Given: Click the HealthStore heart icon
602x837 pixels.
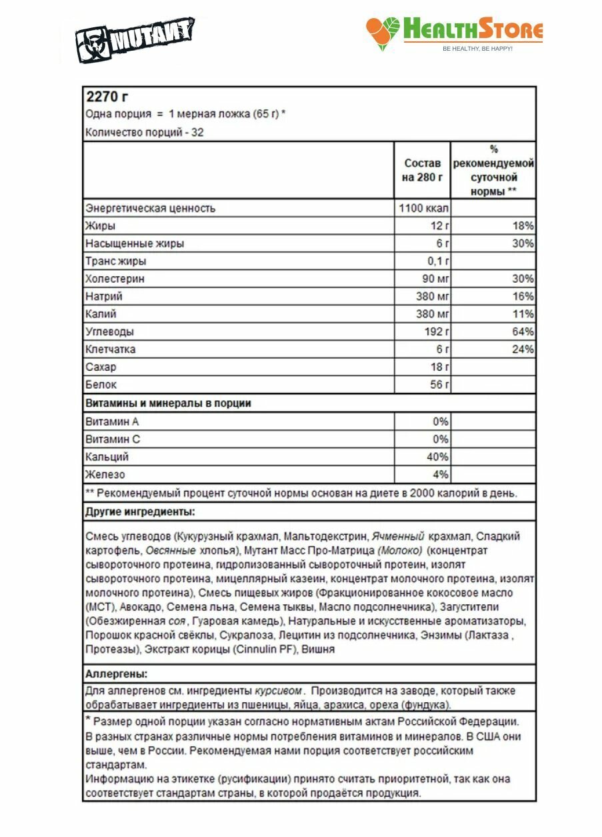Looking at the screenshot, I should click(383, 33).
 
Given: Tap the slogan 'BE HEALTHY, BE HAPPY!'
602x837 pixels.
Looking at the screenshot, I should click(477, 49).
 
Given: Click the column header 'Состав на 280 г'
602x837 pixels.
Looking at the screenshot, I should click(423, 170).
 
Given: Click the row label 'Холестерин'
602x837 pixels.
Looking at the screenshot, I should click(115, 279).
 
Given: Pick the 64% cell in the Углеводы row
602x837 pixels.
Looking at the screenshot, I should click(523, 331).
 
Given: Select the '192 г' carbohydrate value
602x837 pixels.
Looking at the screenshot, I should click(436, 331).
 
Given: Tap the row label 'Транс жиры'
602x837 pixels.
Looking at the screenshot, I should click(115, 261).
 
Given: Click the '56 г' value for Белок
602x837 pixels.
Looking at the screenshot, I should click(439, 385).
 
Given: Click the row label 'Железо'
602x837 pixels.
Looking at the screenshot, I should click(105, 475).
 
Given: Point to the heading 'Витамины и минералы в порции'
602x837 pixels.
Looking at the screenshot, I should click(168, 403).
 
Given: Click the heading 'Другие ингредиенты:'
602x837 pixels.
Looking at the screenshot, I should click(140, 512).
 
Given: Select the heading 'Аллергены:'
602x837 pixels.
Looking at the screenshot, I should click(117, 674).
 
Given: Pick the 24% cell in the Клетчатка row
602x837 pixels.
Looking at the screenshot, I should click(523, 349).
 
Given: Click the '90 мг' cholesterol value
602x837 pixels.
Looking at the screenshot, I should click(435, 279).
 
